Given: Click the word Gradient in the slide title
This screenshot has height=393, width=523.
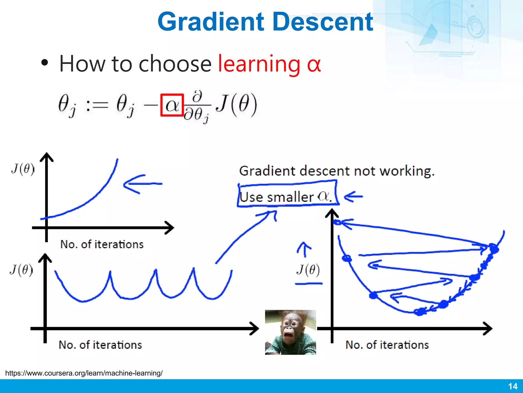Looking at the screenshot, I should (x=211, y=22).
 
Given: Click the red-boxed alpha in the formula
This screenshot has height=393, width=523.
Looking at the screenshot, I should (x=172, y=105).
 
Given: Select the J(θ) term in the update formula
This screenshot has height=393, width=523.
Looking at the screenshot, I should (x=236, y=105).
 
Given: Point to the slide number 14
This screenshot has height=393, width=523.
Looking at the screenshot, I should (x=513, y=386).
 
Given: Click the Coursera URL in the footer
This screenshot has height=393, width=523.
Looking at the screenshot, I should (x=84, y=373).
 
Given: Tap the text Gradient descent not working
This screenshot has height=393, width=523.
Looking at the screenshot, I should (x=337, y=171).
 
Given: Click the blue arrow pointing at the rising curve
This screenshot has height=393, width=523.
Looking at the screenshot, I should (x=142, y=184).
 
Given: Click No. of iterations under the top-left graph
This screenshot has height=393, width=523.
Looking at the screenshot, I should (x=102, y=244).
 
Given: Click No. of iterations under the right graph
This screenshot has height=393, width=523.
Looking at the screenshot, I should (x=387, y=345).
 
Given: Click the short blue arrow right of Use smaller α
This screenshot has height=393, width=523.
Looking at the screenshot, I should (x=353, y=196).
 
